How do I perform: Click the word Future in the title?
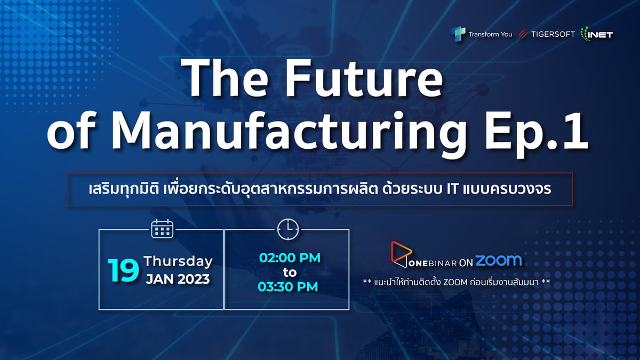pyautogui.click(x=365, y=77)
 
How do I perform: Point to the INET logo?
pyautogui.click(x=597, y=34)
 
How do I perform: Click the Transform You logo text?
pyautogui.click(x=490, y=35)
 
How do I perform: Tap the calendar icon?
pyautogui.click(x=162, y=229)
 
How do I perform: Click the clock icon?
pyautogui.click(x=288, y=229)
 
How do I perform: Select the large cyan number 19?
pyautogui.click(x=123, y=270)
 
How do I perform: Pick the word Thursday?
pyautogui.click(x=178, y=261)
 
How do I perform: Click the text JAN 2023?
pyautogui.click(x=178, y=279)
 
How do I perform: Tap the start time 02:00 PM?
pyautogui.click(x=290, y=258)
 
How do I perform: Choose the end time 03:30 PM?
pyautogui.click(x=288, y=287)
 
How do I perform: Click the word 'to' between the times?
pyautogui.click(x=290, y=273)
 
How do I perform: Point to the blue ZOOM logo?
pyautogui.click(x=498, y=261)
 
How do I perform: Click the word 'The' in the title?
pyautogui.click(x=225, y=77)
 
